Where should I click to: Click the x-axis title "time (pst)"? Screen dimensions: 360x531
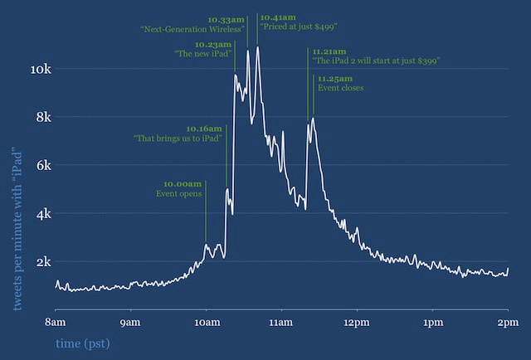[82, 343]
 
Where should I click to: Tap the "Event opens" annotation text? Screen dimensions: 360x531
[178, 193]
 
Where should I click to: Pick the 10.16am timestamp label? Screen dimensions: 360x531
[204, 129]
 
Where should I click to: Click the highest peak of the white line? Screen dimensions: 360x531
[258, 48]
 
